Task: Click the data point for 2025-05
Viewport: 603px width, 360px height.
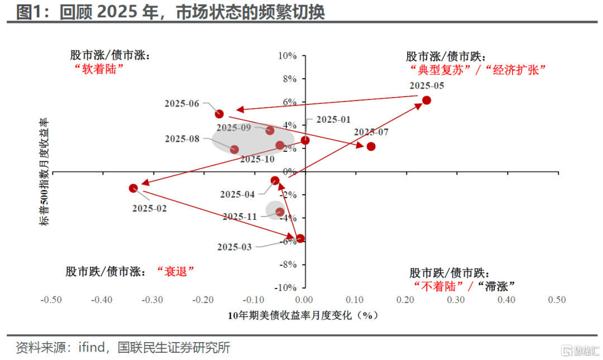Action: pos(427,100)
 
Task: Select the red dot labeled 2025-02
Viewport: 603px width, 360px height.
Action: pos(133,188)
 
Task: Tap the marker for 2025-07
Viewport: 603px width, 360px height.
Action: pos(371,146)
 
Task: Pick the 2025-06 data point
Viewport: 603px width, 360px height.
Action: pos(219,114)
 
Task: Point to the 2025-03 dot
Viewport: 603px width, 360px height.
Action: pos(300,238)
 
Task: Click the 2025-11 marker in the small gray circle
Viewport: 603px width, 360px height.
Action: pos(280,212)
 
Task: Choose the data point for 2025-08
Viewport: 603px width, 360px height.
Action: pos(234,150)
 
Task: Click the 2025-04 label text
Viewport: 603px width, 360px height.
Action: pos(237,194)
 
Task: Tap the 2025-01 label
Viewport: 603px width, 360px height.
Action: pos(333,119)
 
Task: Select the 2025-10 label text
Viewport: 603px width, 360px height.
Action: pos(257,159)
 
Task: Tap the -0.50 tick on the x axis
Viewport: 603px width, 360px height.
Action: pos(51,300)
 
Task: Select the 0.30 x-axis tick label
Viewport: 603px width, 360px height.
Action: pos(456,300)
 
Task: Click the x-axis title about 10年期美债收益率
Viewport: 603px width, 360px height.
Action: pos(304,315)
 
